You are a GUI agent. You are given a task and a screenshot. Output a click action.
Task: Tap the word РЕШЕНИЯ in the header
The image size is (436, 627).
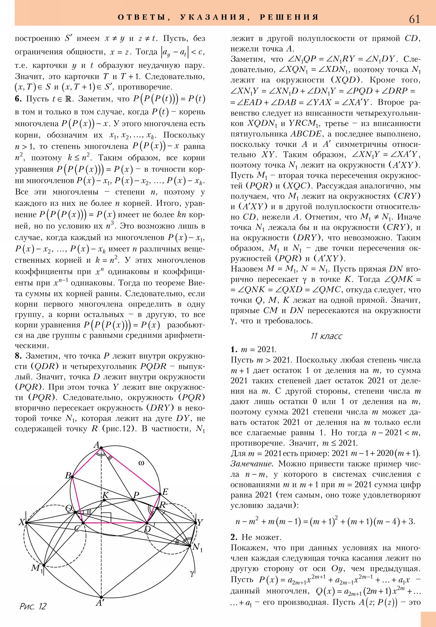click(x=289, y=17)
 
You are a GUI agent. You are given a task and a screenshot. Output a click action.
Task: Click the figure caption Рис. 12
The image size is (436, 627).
click(x=33, y=606)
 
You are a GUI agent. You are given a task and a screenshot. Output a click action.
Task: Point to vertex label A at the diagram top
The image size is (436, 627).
click(x=96, y=445)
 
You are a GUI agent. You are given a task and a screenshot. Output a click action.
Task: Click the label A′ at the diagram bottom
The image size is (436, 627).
click(x=101, y=602)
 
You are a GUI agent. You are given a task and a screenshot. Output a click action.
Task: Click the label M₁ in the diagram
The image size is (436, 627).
click(x=37, y=568)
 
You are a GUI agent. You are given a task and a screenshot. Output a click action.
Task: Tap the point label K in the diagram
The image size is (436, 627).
click(x=105, y=495)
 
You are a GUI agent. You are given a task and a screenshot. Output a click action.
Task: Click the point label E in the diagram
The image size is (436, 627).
click(x=165, y=492)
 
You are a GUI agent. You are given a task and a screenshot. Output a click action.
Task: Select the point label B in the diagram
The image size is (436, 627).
click(x=68, y=475)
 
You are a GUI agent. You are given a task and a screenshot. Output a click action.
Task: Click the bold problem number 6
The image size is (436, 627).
click(x=18, y=99)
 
